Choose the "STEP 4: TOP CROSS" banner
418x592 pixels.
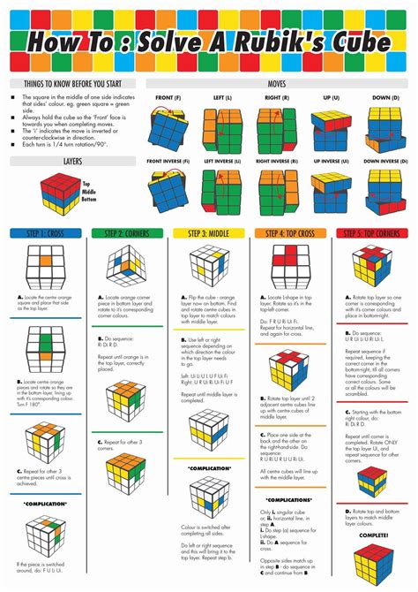290,233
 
